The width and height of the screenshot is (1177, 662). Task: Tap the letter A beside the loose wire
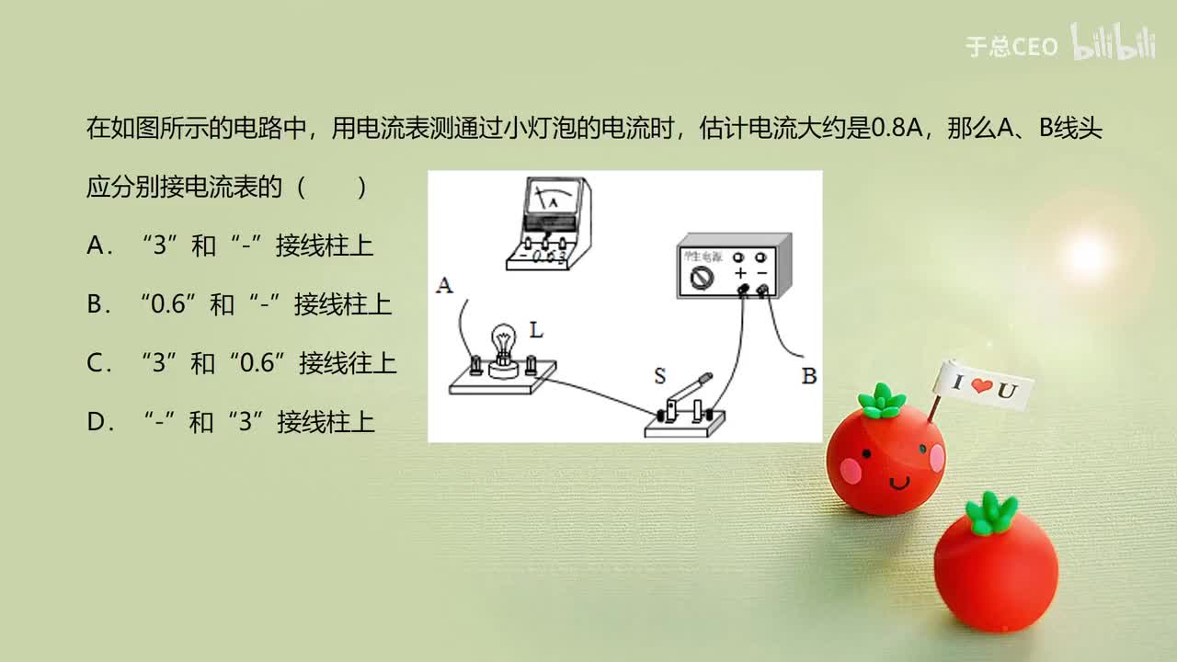pyautogui.click(x=445, y=286)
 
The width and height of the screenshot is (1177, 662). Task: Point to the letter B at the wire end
pyautogui.click(x=809, y=376)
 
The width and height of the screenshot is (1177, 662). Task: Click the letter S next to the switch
pyautogui.click(x=659, y=376)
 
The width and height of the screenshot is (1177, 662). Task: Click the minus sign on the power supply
pyautogui.click(x=762, y=274)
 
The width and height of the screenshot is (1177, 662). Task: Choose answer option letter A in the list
pyautogui.click(x=95, y=245)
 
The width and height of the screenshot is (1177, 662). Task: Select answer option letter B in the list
pyautogui.click(x=95, y=304)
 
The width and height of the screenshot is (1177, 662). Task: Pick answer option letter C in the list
pyautogui.click(x=95, y=363)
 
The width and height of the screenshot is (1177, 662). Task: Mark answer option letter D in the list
pyautogui.click(x=95, y=422)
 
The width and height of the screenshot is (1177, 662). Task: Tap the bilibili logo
pyautogui.click(x=1113, y=42)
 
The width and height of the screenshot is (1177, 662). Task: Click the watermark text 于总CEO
pyautogui.click(x=1011, y=47)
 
